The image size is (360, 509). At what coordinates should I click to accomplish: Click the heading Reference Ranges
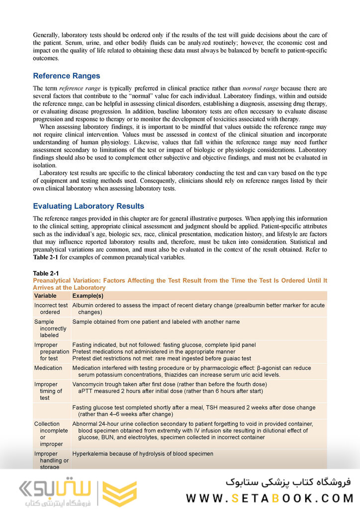[x=66, y=76]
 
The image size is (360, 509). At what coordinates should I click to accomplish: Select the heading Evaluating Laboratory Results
[x=88, y=206]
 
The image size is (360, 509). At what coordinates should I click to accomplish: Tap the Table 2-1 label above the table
[x=46, y=274]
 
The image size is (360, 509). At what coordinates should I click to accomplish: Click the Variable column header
[x=45, y=296]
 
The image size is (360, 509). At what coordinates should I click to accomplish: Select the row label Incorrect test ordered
[x=51, y=309]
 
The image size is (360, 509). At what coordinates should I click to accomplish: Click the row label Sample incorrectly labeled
[x=50, y=329]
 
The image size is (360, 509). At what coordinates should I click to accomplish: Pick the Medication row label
[x=48, y=368]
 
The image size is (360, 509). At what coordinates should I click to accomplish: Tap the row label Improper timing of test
[x=49, y=391]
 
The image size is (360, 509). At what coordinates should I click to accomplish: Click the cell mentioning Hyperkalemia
[x=143, y=454]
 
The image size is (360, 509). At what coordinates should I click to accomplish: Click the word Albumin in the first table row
[x=83, y=305]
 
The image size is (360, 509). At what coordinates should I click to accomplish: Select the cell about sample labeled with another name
[x=156, y=322]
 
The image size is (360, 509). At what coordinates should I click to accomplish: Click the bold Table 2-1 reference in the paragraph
[x=46, y=257]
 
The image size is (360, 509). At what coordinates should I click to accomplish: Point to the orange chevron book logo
[x=119, y=494]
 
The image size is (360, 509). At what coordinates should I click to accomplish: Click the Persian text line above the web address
[x=288, y=482]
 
